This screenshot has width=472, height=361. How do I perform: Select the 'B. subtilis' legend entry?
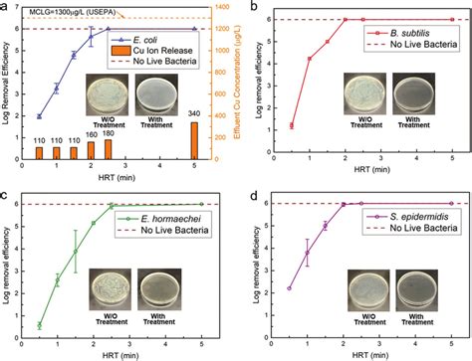point(396,33)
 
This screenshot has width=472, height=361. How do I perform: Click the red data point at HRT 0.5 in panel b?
point(290,126)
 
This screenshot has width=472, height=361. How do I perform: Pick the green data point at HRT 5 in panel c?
point(200,203)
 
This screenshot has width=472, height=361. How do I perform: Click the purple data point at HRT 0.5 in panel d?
point(290,288)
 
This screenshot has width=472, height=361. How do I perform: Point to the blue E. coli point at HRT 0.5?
point(39,116)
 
